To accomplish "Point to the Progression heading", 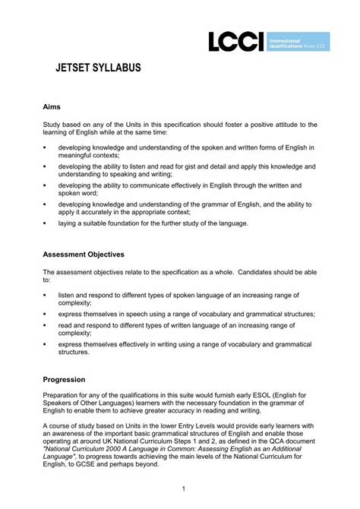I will click(x=64, y=378).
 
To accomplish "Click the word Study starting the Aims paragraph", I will click(x=52, y=125).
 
